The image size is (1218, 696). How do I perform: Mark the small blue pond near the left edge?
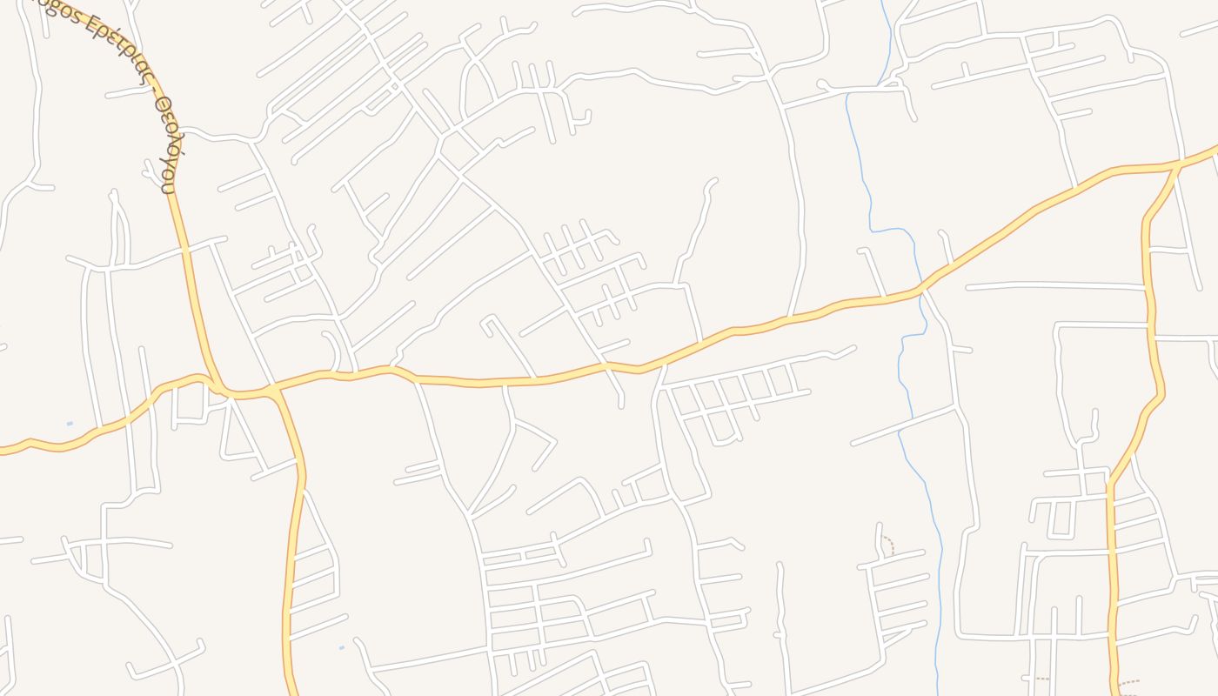(70, 424)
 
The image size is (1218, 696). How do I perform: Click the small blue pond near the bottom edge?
(341, 647)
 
